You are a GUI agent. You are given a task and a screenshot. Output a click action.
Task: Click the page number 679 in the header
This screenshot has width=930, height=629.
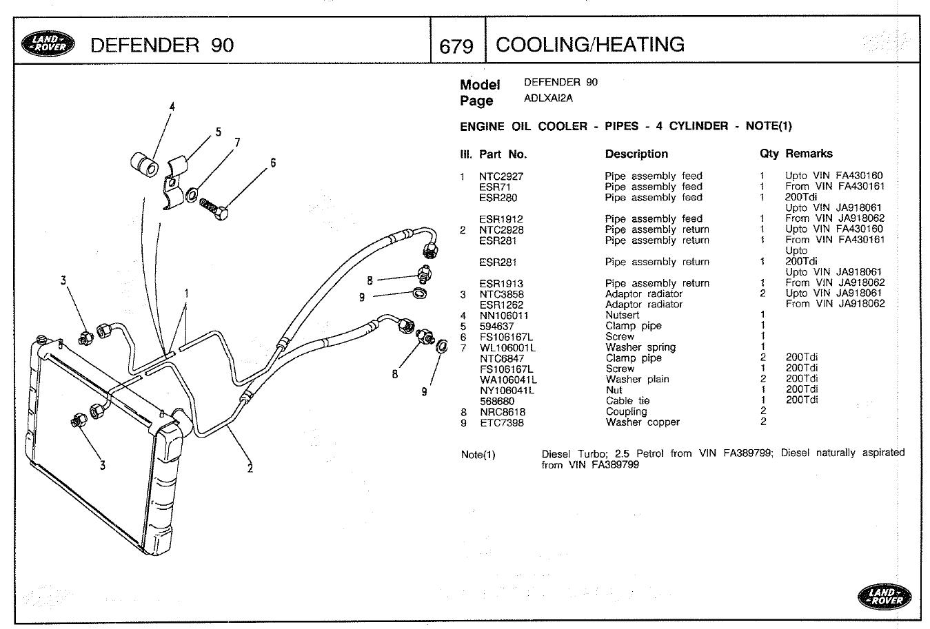pos(456,46)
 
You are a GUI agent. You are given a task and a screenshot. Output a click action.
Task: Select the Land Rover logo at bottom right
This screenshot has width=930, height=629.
pos(884,597)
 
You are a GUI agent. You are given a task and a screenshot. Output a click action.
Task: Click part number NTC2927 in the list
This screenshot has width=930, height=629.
pos(501,176)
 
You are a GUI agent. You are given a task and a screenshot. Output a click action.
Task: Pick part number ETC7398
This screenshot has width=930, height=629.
pos(502,422)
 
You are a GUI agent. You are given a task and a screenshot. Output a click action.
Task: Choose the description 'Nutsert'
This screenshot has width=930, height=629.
pos(622,316)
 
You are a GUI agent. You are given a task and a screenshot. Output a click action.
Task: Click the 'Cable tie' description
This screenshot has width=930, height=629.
pos(627,401)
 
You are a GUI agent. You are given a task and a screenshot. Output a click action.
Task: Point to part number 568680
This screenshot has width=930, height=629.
pos(496,401)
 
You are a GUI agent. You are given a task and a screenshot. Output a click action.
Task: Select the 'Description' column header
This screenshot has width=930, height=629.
pos(636,154)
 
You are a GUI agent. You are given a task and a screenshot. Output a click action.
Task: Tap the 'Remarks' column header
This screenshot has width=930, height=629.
pos(809,154)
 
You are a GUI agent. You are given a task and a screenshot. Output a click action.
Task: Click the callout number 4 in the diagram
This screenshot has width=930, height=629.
pos(172,107)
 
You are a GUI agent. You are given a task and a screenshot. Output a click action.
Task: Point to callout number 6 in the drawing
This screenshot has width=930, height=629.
pos(273,163)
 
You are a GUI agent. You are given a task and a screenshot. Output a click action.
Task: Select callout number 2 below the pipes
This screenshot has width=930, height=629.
pos(250,469)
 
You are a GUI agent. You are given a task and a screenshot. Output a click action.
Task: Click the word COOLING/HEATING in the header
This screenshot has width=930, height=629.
pos(590,45)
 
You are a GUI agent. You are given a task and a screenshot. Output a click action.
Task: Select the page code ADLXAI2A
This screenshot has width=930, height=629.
pos(549,98)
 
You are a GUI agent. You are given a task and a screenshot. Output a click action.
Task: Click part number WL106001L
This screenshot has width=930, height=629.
pos(507,347)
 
